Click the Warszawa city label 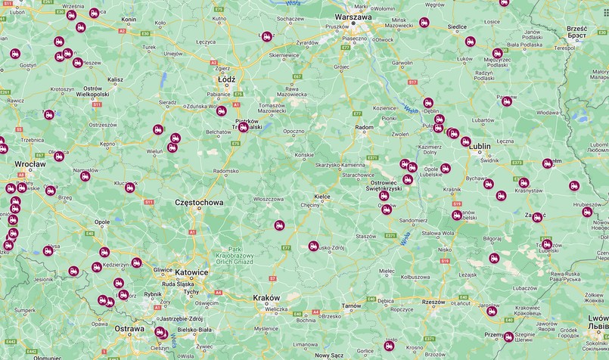point(354,17)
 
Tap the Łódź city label point(225,79)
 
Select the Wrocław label point(30,164)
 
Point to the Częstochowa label point(199,203)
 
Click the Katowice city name point(189,272)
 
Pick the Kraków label point(266,297)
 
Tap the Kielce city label point(322,196)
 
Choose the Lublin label point(482,149)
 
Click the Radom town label point(364,128)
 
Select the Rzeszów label point(434,302)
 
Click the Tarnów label point(352,306)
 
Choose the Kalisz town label point(115,79)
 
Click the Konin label point(129,18)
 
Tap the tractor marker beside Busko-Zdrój point(313,246)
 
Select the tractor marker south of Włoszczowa point(279,225)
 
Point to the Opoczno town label point(294,131)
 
